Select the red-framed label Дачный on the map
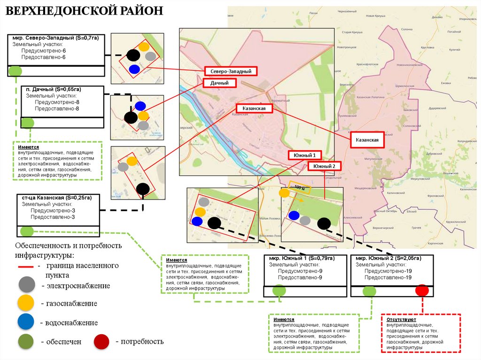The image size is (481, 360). pyautogui.click(x=219, y=83)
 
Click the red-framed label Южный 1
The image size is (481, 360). pyautogui.click(x=304, y=155)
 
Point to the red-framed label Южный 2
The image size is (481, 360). pyautogui.click(x=324, y=166)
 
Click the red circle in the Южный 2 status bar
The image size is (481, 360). pyautogui.click(x=422, y=291)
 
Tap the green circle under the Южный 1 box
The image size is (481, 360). pyautogui.click(x=279, y=291)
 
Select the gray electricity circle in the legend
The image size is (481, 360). pyautogui.click(x=26, y=285)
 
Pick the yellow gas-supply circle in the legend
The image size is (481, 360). pyautogui.click(x=26, y=303)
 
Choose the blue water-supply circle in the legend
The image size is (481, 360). pyautogui.click(x=26, y=322)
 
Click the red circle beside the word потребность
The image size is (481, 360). pyautogui.click(x=102, y=341)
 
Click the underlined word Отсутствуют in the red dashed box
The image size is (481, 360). pyautogui.click(x=400, y=319)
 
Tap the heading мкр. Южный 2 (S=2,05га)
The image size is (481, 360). pyautogui.click(x=388, y=259)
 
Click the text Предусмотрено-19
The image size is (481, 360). pyautogui.click(x=388, y=271)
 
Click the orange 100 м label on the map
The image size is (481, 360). pyautogui.click(x=299, y=187)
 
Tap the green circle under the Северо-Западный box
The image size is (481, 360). pyautogui.click(x=15, y=71)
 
